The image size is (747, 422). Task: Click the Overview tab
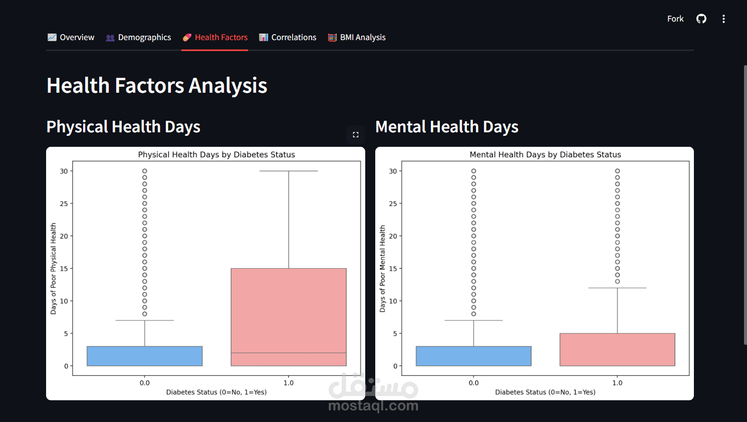pyautogui.click(x=71, y=38)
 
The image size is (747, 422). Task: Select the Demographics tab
pyautogui.click(x=139, y=38)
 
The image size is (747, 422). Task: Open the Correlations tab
pyautogui.click(x=288, y=38)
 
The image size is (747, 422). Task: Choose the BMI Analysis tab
pyautogui.click(x=357, y=38)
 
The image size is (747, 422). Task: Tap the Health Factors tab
pyautogui.click(x=215, y=38)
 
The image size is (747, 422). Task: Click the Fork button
pyautogui.click(x=675, y=19)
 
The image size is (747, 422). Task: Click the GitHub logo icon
pyautogui.click(x=701, y=19)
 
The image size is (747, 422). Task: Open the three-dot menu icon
pyautogui.click(x=723, y=19)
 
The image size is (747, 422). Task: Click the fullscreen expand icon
pyautogui.click(x=356, y=135)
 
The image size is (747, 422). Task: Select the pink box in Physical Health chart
pyautogui.click(x=289, y=311)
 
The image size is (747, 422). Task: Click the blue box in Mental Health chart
pyautogui.click(x=473, y=356)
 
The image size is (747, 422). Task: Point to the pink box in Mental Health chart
pyautogui.click(x=617, y=350)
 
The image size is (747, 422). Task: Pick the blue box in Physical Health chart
pyautogui.click(x=145, y=356)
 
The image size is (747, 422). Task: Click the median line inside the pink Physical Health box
pyautogui.click(x=289, y=353)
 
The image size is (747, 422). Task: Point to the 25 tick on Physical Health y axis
pyautogui.click(x=64, y=203)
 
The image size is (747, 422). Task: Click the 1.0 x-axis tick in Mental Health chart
pyautogui.click(x=617, y=383)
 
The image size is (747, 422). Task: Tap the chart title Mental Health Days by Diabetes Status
pyautogui.click(x=545, y=155)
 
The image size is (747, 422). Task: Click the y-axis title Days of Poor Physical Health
pyautogui.click(x=54, y=269)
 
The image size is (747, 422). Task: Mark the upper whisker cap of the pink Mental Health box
pyautogui.click(x=617, y=288)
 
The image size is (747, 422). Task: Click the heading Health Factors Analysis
pyautogui.click(x=157, y=86)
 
